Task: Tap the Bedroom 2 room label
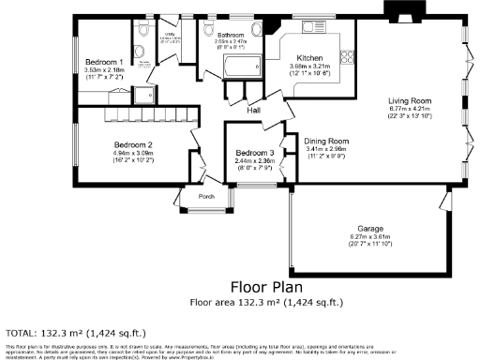click(134, 145)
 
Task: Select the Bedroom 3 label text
click(254, 153)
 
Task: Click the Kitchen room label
click(310, 57)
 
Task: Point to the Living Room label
click(412, 100)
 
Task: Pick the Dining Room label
click(326, 140)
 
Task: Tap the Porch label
click(206, 197)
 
